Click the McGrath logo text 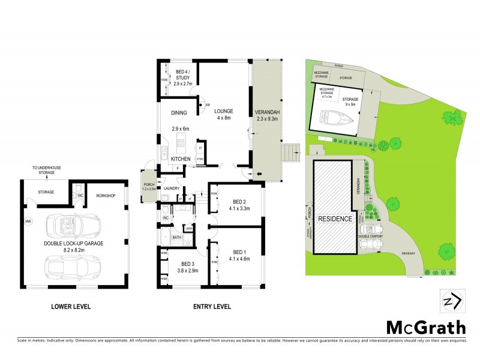[425, 328]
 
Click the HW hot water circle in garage [28, 222]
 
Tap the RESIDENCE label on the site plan [335, 219]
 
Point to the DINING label [179, 113]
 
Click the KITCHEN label [181, 159]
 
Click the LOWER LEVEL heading [71, 307]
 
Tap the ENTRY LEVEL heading [212, 307]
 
